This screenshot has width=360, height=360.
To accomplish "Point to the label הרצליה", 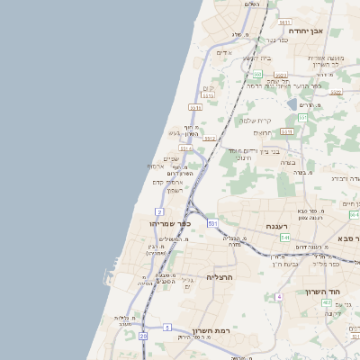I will (220, 277).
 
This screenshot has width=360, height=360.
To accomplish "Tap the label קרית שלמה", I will (256, 120).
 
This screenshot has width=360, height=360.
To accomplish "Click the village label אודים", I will (224, 52).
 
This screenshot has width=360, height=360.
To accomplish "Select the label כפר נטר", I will (275, 40).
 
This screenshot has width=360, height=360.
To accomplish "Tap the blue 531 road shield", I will (212, 221).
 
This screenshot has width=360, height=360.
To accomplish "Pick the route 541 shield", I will (284, 238).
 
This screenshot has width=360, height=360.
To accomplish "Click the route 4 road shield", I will (279, 296).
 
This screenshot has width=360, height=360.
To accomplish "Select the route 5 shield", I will (167, 327).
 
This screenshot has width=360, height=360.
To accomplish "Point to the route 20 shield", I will (143, 336).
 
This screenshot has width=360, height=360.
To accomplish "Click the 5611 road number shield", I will (284, 22).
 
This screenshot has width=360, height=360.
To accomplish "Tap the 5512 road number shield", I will (209, 139).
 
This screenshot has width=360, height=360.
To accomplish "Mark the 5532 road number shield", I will (185, 148).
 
